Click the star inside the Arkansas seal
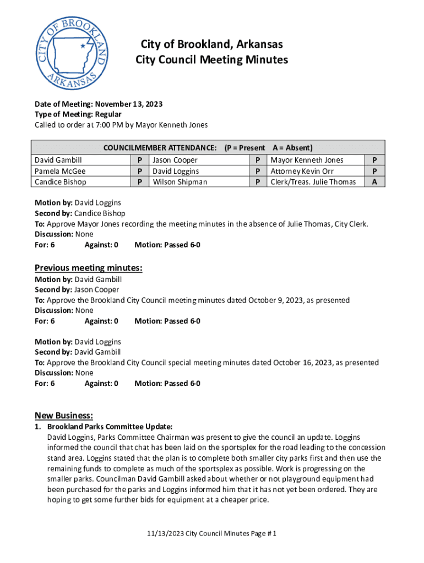83,46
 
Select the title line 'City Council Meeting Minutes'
211,60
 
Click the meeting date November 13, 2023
128,104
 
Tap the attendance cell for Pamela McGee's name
61,171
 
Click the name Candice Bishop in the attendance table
61,181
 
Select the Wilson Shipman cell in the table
180,181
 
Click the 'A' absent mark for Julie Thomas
374,181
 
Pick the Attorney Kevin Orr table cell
302,171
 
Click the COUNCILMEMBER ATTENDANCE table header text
160,148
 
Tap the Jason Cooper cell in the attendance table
175,160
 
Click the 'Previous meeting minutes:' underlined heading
89,268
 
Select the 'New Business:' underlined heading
64,415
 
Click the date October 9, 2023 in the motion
276,300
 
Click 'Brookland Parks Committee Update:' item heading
110,427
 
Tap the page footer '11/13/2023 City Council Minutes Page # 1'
211,533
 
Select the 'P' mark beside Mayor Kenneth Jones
374,160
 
